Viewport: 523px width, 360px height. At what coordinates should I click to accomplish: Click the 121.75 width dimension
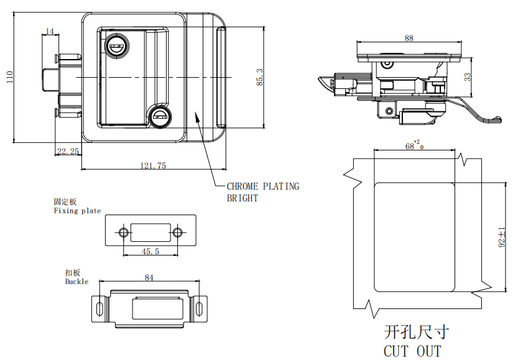point(152,165)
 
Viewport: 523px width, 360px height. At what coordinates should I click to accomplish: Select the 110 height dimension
point(9,77)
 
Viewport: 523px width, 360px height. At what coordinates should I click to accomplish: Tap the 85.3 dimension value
point(259,77)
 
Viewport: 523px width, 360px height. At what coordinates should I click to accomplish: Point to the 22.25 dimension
point(67,151)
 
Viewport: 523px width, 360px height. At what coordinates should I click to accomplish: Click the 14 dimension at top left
point(50,31)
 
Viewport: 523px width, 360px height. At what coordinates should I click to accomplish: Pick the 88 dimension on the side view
point(409,38)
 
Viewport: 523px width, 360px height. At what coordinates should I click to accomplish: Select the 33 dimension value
point(468,77)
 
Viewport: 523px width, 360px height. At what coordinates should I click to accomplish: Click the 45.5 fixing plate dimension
point(150,251)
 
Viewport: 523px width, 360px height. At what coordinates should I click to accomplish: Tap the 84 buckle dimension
point(149,278)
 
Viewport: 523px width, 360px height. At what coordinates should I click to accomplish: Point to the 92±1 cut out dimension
point(502,238)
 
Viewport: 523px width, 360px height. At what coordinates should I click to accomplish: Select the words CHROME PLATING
point(262,186)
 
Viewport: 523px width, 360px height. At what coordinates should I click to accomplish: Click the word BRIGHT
point(242,198)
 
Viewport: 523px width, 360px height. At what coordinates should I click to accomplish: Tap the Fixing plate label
point(77,211)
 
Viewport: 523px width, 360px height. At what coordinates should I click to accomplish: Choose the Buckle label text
point(76,282)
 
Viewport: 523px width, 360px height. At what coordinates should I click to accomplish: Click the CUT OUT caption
point(412,351)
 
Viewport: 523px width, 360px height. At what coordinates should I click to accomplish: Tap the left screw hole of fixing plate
point(124,233)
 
